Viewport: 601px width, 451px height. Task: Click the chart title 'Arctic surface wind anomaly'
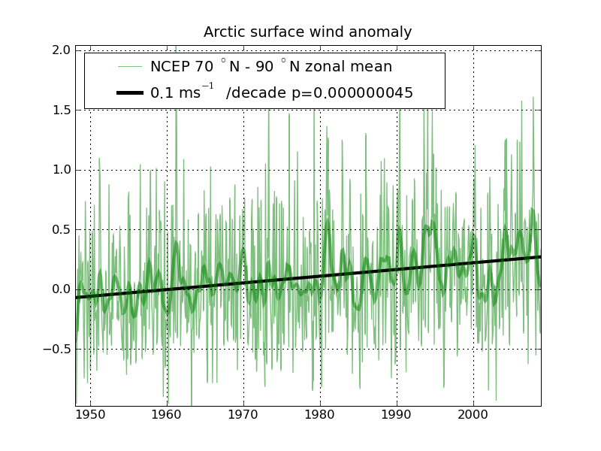(307, 32)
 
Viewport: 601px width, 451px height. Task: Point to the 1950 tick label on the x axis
(90, 415)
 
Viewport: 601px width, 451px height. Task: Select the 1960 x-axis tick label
(167, 415)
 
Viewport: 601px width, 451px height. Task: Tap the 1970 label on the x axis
(243, 415)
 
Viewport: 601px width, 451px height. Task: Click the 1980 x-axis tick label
(320, 415)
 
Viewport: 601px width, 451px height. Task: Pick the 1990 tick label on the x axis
(397, 415)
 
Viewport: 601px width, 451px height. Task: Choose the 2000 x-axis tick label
(473, 415)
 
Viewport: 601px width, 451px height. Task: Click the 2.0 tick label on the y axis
(62, 50)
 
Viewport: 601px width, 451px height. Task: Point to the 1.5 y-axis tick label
(62, 110)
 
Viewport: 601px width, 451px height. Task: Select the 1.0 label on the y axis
(62, 170)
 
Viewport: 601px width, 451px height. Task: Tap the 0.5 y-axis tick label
(62, 229)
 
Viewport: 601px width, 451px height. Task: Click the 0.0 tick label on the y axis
(62, 289)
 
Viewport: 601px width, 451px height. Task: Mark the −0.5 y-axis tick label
(58, 350)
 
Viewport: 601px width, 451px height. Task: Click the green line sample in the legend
(129, 67)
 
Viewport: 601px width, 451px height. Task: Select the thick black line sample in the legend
(129, 93)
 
